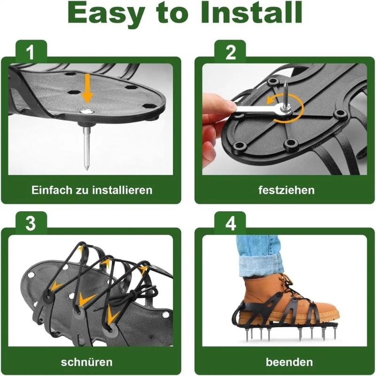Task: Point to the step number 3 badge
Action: tap(31, 224)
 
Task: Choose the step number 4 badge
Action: tap(230, 224)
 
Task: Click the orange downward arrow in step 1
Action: tap(87, 89)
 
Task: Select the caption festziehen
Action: tap(286, 190)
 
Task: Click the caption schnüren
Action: tap(86, 362)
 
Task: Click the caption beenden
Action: tap(289, 362)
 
